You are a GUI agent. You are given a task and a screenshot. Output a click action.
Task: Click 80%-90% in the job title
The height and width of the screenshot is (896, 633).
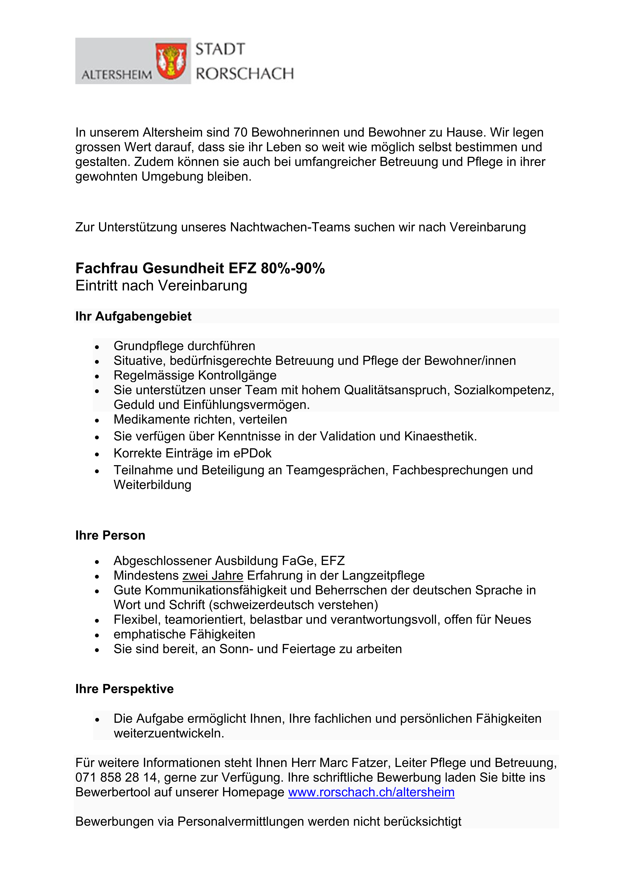coord(293,269)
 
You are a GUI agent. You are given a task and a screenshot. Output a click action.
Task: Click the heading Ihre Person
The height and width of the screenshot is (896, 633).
coord(110,535)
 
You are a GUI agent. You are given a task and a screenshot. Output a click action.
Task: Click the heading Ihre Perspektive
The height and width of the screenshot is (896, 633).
coord(124,689)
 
